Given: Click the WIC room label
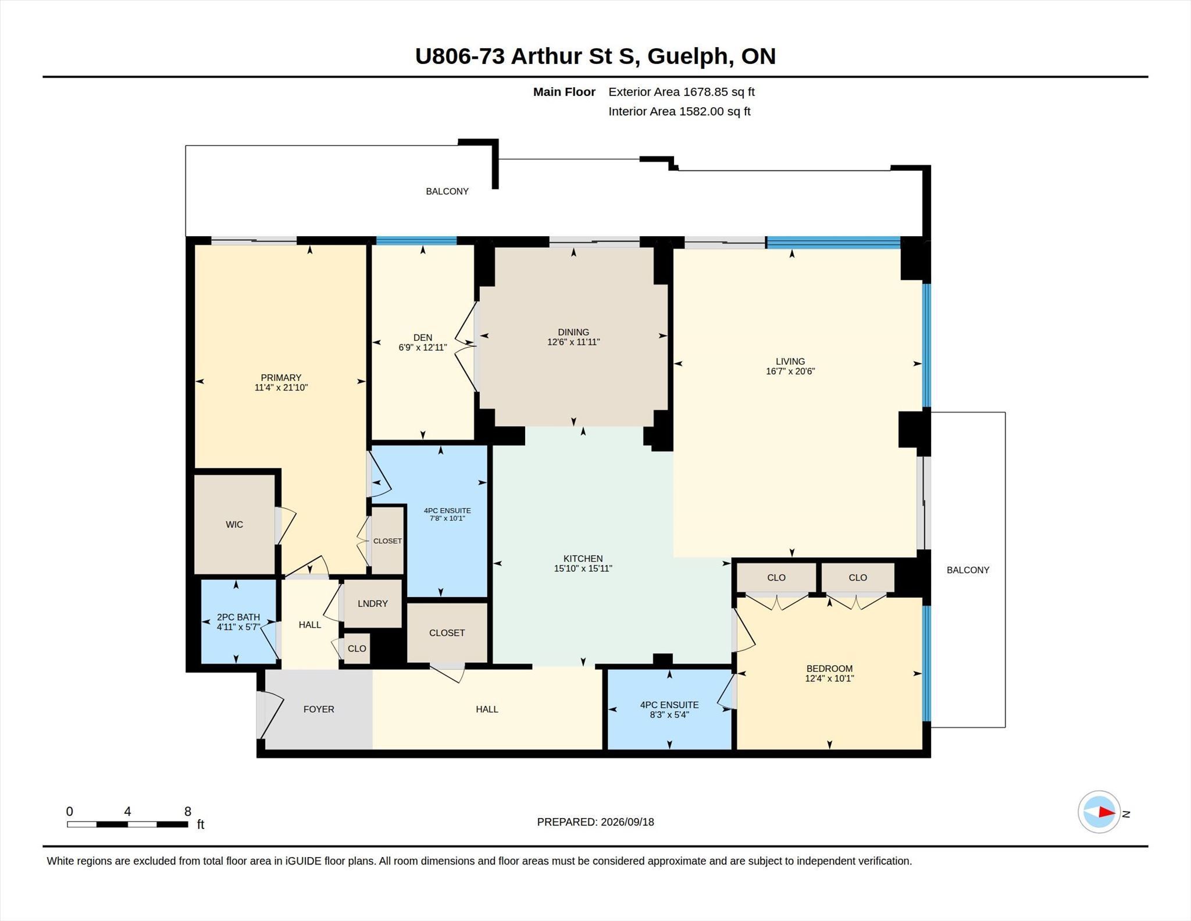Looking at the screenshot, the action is pyautogui.click(x=234, y=525).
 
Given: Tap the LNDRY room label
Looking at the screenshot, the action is pyautogui.click(x=373, y=604).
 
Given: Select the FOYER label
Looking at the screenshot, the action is pyautogui.click(x=319, y=709).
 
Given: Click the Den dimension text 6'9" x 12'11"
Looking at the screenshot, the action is pyautogui.click(x=423, y=348).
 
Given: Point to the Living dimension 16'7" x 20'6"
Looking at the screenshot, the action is pyautogui.click(x=790, y=371).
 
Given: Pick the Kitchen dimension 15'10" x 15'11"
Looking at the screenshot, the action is pyautogui.click(x=583, y=568).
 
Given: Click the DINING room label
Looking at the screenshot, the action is pyautogui.click(x=573, y=332).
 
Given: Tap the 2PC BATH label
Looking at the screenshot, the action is pyautogui.click(x=238, y=617).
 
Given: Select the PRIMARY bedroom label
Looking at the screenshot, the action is pyautogui.click(x=281, y=378).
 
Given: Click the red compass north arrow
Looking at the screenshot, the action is pyautogui.click(x=1107, y=812).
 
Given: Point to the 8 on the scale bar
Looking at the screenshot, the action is pyautogui.click(x=188, y=812).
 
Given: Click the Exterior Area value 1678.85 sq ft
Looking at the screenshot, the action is pyautogui.click(x=719, y=92).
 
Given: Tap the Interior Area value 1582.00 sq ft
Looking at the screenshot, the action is pyautogui.click(x=715, y=112).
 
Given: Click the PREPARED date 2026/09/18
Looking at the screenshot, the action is pyautogui.click(x=627, y=822).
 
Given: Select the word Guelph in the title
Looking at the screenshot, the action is pyautogui.click(x=687, y=56).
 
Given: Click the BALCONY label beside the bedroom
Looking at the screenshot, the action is pyautogui.click(x=968, y=570).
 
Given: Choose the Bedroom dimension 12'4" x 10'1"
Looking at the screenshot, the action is pyautogui.click(x=829, y=678).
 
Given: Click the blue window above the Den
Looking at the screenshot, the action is pyautogui.click(x=416, y=241).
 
